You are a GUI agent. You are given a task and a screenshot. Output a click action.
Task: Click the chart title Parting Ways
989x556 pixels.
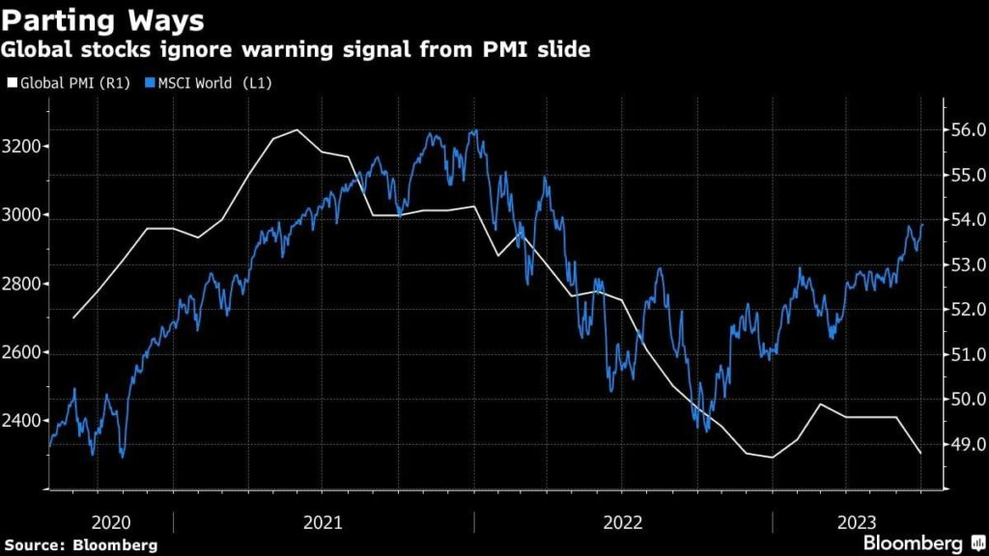coord(103,21)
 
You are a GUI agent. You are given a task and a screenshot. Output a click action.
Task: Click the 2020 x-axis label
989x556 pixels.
coord(110,522)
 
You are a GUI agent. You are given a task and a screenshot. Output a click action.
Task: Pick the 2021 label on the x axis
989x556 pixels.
coord(323,522)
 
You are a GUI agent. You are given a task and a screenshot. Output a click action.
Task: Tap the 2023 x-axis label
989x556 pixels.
coord(858,522)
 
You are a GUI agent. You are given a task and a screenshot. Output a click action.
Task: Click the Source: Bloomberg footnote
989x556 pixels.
coord(79,545)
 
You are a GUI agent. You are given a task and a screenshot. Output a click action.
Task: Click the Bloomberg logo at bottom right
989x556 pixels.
coord(914,543)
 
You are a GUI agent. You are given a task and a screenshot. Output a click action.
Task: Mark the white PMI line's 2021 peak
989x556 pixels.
coord(297,130)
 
